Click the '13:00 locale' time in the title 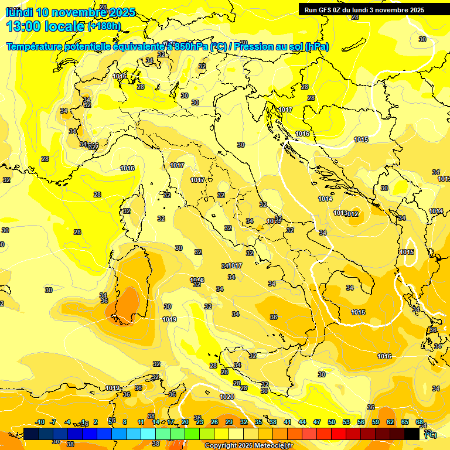click(x=45, y=26)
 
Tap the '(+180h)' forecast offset click(x=104, y=26)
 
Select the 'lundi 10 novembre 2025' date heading click(x=70, y=12)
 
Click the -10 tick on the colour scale click(x=40, y=422)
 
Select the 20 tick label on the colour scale click(x=185, y=422)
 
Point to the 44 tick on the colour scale click(x=302, y=422)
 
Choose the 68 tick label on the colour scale click(x=420, y=422)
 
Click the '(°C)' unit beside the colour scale click(x=431, y=434)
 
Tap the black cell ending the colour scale click(x=412, y=434)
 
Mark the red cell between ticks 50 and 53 click(x=339, y=434)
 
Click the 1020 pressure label click(x=227, y=397)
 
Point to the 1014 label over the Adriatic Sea click(x=326, y=199)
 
